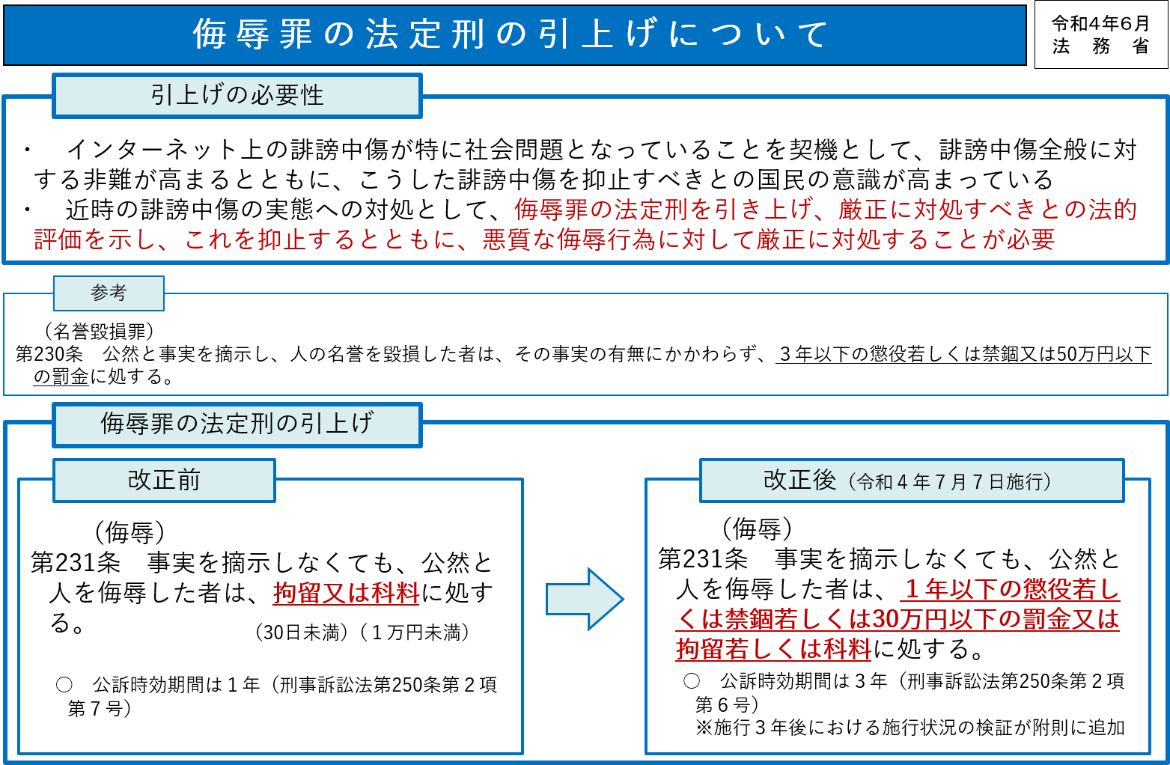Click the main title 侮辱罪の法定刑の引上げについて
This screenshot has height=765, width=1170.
[511, 34]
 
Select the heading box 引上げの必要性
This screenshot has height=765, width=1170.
[237, 96]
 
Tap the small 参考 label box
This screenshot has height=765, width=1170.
[109, 293]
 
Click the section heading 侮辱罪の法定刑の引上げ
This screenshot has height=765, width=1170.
[237, 424]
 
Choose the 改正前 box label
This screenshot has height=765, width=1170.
[164, 480]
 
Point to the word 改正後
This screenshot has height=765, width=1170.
[799, 480]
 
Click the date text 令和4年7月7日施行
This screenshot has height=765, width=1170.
[951, 482]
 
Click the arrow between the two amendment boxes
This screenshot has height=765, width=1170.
[585, 599]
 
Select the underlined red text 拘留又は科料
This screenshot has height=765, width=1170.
[346, 593]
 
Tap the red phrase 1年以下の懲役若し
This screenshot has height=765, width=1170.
[1011, 589]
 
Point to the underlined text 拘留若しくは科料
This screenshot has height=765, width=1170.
[773, 648]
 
